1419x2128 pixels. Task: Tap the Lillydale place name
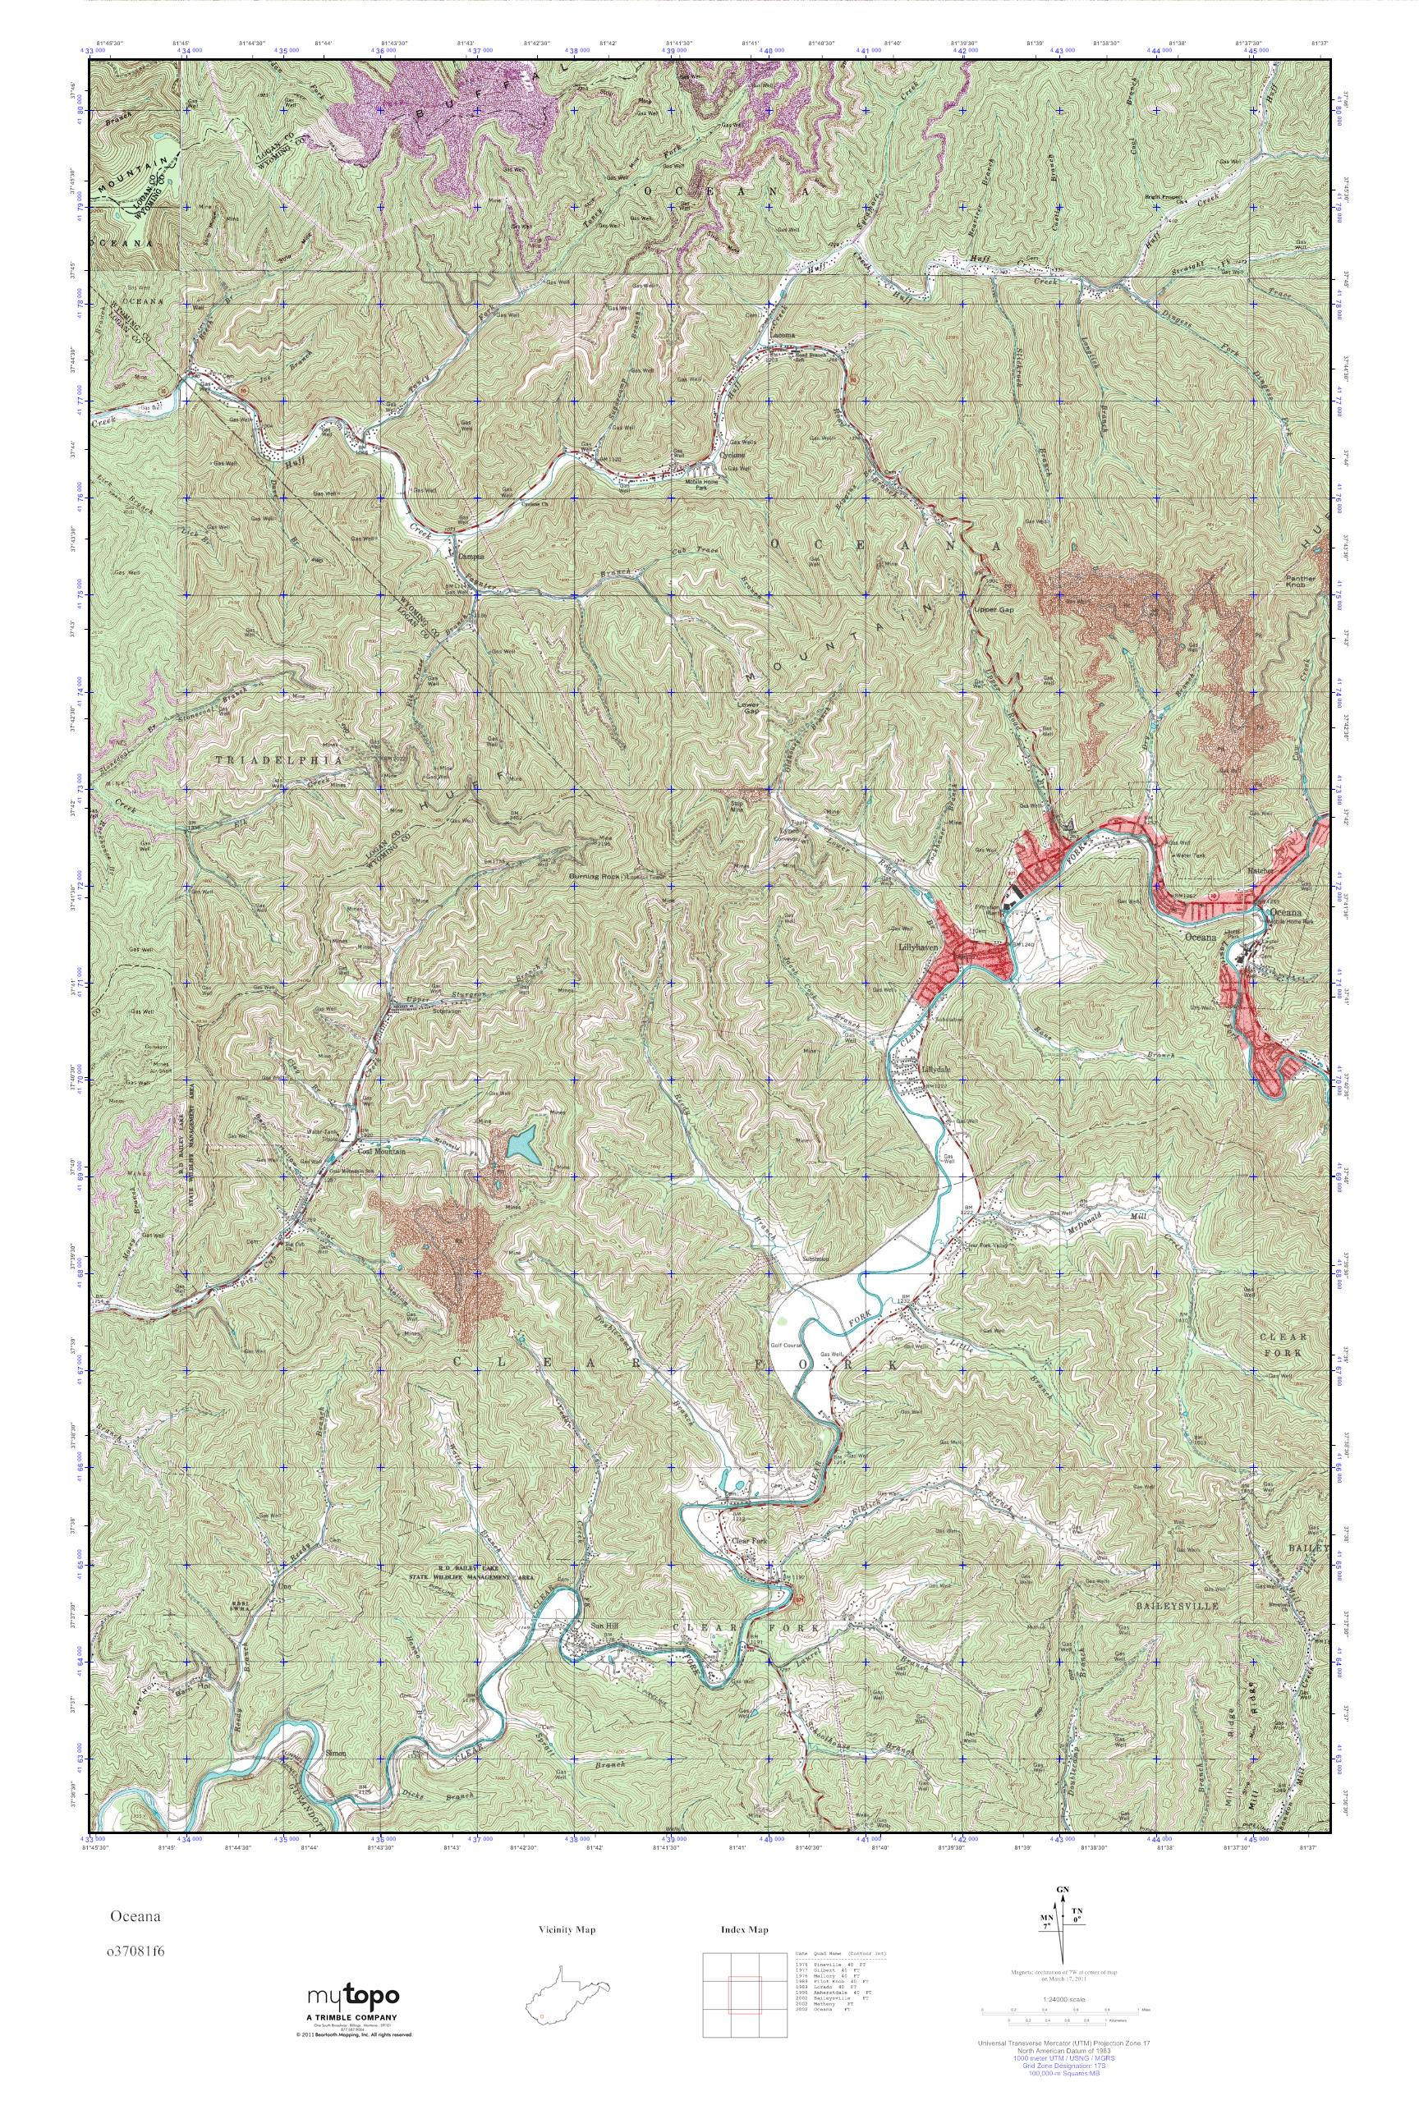click(x=935, y=1067)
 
